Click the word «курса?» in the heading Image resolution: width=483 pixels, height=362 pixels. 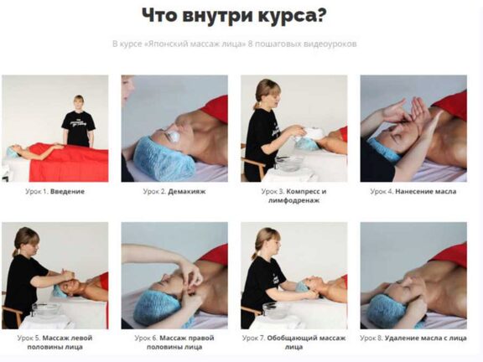click(x=292, y=15)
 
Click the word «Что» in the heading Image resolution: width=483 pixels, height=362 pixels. click(x=159, y=15)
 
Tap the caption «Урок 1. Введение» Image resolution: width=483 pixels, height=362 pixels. click(x=55, y=191)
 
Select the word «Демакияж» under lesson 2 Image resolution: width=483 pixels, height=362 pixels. click(x=187, y=191)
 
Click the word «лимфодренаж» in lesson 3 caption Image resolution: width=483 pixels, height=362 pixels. click(x=293, y=201)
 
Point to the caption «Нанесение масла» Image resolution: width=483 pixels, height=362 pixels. click(x=425, y=191)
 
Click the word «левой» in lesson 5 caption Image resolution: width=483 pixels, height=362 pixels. click(x=81, y=338)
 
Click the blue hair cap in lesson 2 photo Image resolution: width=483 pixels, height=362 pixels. click(x=164, y=158)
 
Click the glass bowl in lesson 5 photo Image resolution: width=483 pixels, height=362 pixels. click(x=46, y=309)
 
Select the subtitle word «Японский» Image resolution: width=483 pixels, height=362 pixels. click(x=166, y=44)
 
